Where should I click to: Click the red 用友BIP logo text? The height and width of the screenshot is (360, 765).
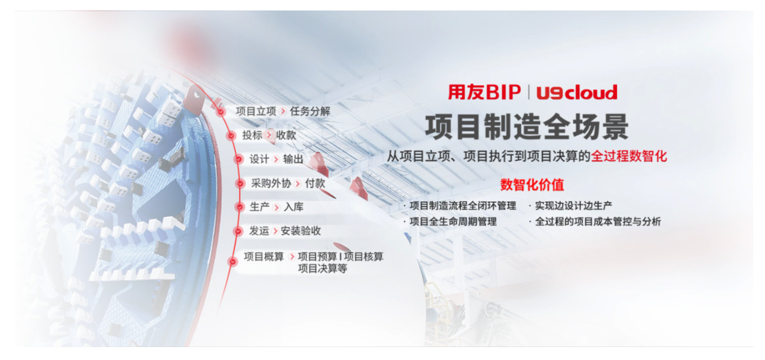(485, 92)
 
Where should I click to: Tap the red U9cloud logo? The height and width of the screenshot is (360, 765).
(577, 92)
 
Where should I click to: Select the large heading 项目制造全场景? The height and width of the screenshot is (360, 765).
(526, 127)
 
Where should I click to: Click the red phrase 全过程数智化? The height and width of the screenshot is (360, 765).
(629, 157)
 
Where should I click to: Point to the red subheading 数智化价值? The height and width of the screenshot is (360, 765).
(532, 185)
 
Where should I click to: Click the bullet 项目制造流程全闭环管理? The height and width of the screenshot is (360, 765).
(463, 206)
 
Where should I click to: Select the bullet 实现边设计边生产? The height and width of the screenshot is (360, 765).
(573, 206)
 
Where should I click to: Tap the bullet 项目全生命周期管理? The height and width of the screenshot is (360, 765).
(453, 222)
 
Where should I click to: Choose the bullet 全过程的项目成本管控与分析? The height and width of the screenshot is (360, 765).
(598, 222)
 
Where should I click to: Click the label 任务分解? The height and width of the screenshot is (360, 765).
(310, 112)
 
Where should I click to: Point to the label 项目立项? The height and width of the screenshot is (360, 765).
(256, 112)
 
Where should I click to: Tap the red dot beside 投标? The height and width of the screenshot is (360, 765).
(231, 136)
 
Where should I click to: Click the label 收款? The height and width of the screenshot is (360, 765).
(286, 135)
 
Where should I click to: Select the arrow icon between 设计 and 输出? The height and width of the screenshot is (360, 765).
(276, 159)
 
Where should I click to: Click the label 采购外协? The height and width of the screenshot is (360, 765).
(271, 184)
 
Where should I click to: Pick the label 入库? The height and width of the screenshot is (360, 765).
(293, 207)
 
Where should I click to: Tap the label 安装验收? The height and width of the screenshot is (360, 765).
(301, 231)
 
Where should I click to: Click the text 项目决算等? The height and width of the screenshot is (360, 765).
(323, 269)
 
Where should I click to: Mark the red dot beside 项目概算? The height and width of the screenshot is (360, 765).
(232, 261)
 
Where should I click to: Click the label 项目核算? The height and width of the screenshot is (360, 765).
(364, 256)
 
